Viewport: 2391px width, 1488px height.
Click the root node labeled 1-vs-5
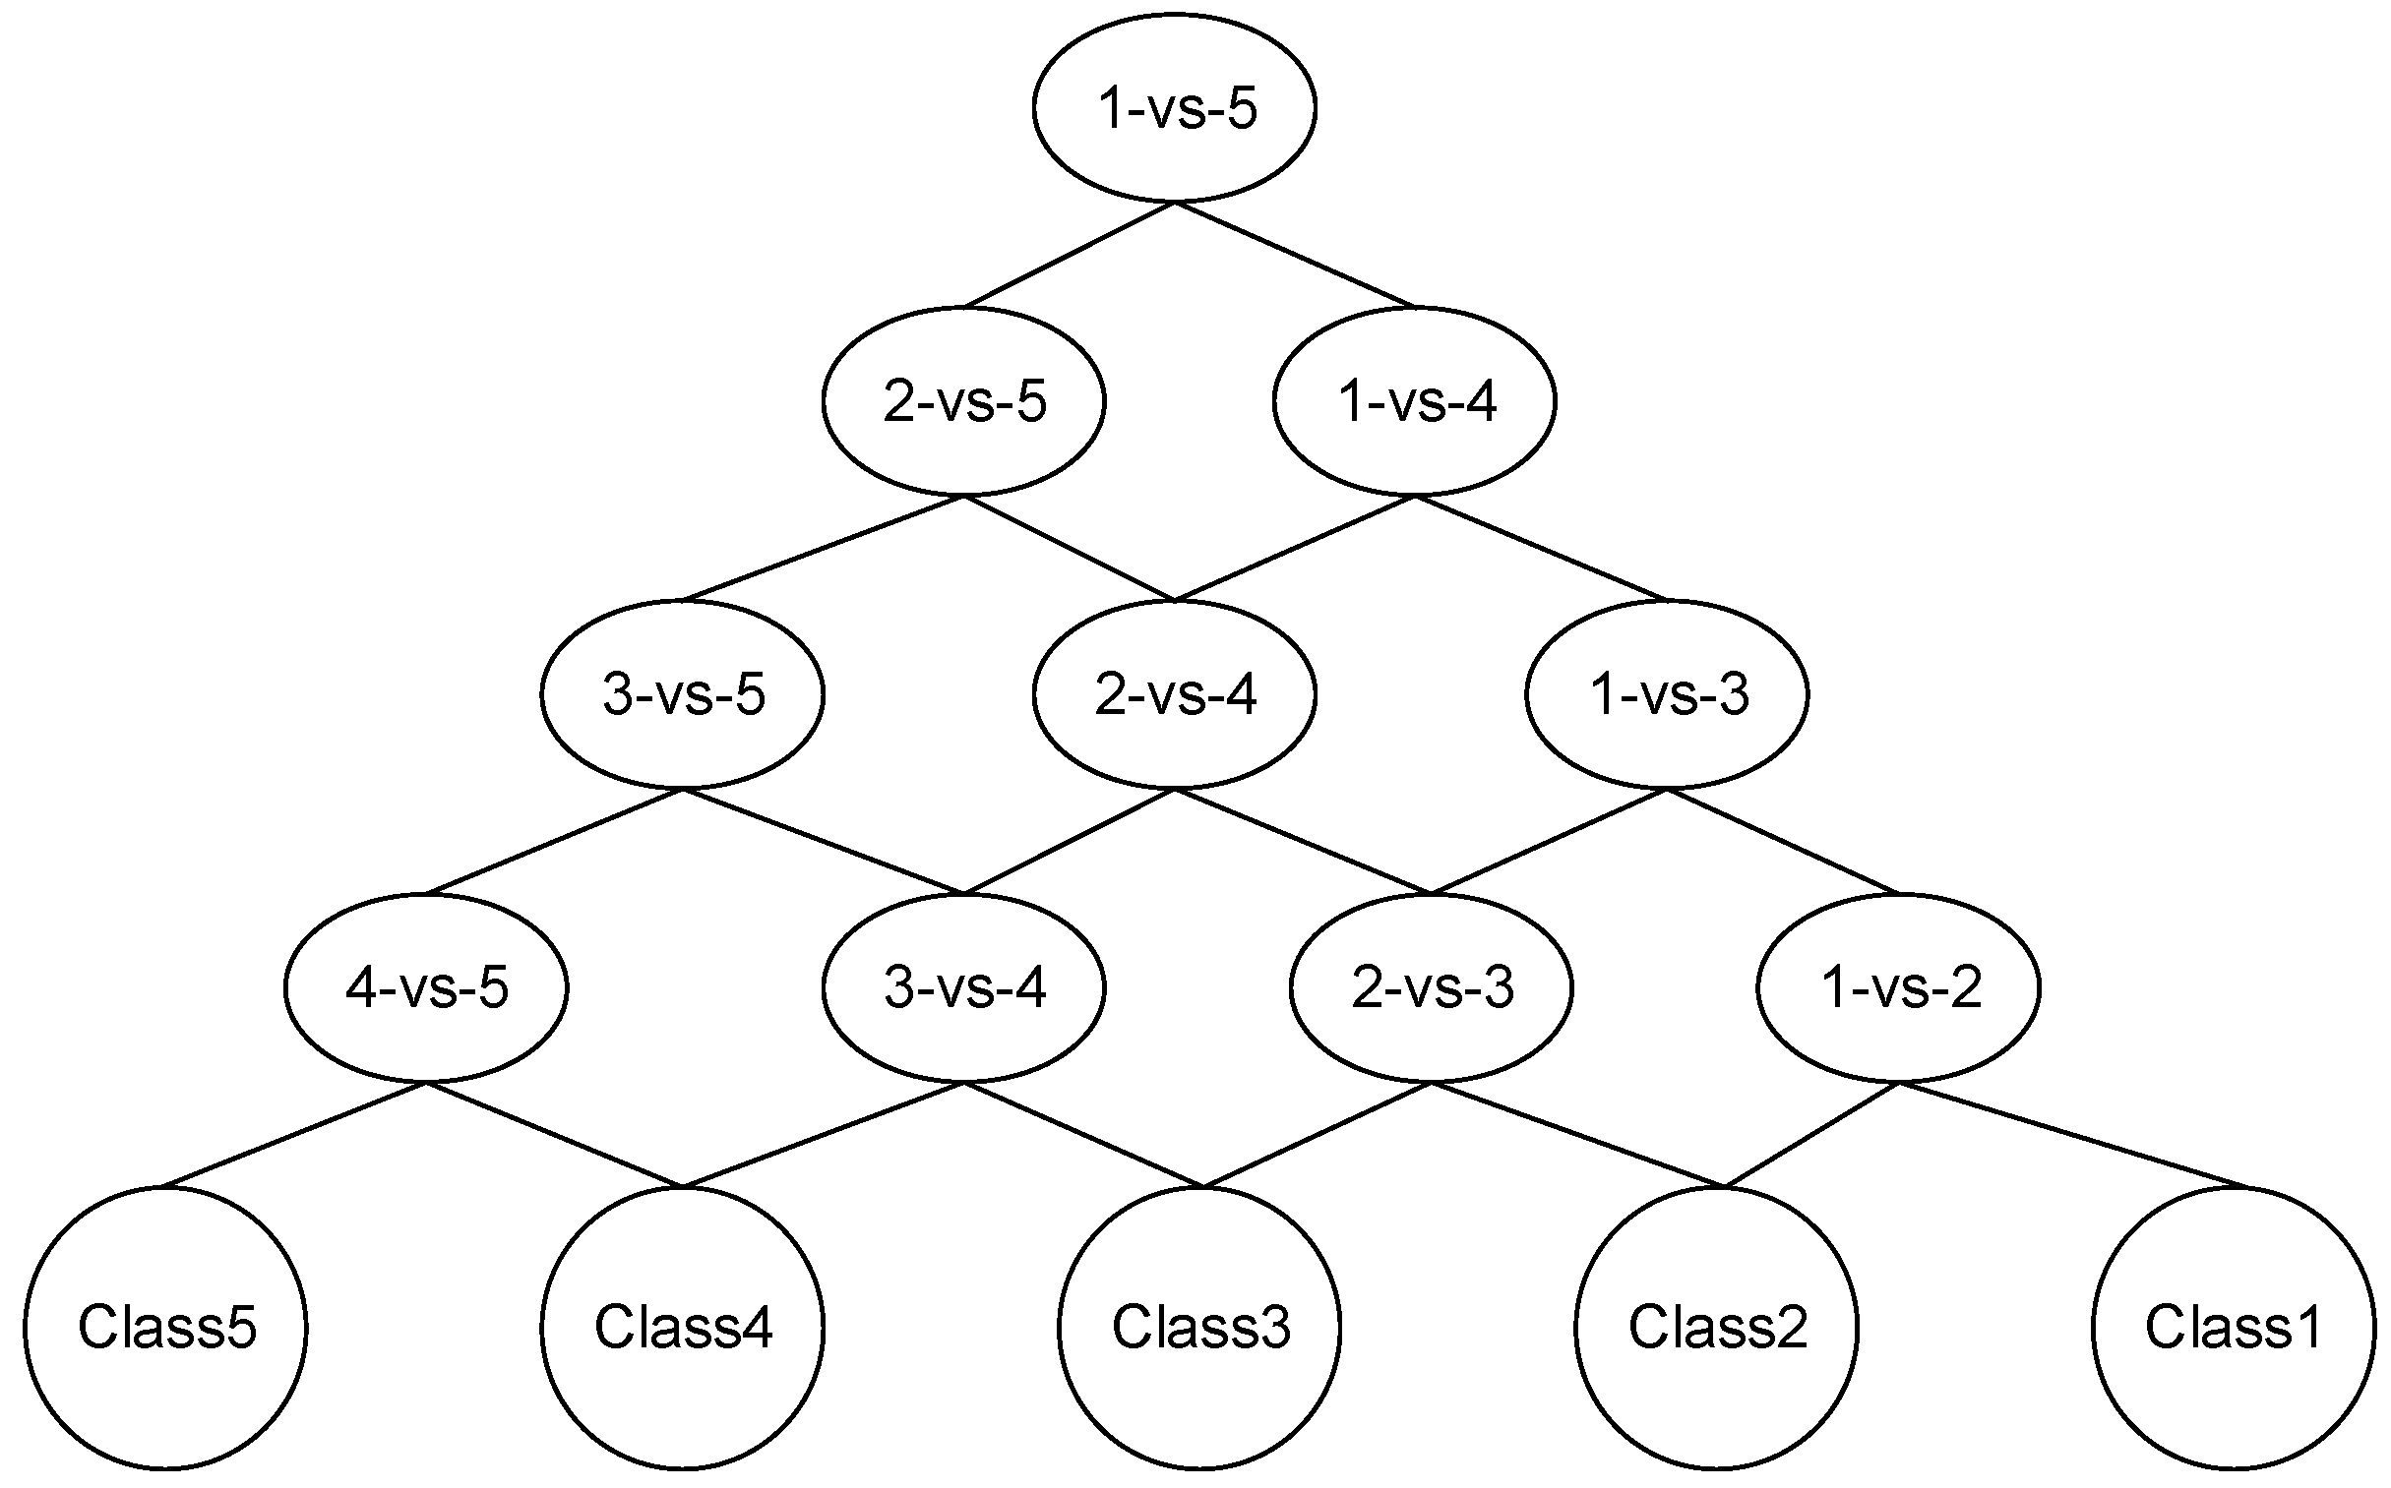1174,107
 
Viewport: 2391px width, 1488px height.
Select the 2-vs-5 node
963,400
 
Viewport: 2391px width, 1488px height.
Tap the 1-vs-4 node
1415,400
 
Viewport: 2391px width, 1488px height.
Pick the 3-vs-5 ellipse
682,693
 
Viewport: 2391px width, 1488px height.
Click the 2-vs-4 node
1174,693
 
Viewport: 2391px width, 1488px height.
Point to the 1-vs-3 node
1667,693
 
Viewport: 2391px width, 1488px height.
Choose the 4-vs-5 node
426,987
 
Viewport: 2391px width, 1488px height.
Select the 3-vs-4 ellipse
963,987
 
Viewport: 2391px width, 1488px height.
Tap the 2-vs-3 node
1432,987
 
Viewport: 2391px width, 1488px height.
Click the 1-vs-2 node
1899,987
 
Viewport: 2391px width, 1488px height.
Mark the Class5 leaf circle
165,1328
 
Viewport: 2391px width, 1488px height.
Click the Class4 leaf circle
682,1328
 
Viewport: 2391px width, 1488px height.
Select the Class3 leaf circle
1200,1328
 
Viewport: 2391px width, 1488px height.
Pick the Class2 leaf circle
1717,1328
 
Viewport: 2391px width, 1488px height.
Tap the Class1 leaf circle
2234,1328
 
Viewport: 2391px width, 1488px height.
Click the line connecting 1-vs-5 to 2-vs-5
1069,255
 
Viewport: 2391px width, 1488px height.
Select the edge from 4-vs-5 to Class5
295,1135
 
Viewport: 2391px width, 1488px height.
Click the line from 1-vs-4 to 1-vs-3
1541,548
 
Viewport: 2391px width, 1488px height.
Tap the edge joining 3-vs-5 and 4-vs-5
554,842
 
